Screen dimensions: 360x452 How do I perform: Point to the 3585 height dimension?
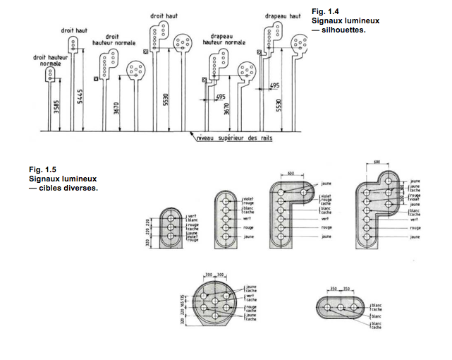[x=54, y=109]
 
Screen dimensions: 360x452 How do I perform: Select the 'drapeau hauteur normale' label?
[x=224, y=40]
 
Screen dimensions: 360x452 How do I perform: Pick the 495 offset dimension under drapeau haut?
[x=275, y=85]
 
